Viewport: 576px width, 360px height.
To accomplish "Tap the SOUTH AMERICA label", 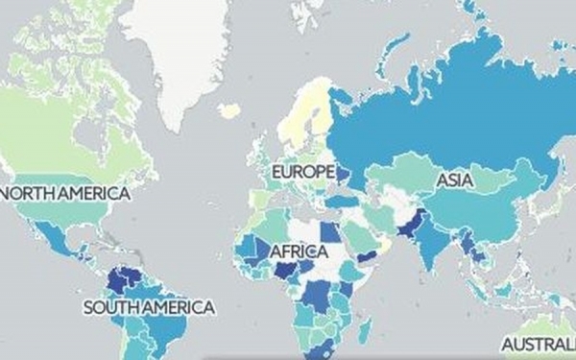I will pyautogui.click(x=148, y=307).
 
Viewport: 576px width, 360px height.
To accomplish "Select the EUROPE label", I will pyautogui.click(x=302, y=172).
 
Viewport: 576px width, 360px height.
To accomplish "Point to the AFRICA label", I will pyautogui.click(x=299, y=252).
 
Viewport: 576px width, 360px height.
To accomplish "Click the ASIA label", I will pyautogui.click(x=454, y=180).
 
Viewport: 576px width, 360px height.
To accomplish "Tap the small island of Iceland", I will pyautogui.click(x=229, y=110).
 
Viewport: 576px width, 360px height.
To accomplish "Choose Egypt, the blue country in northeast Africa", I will pyautogui.click(x=328, y=232).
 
